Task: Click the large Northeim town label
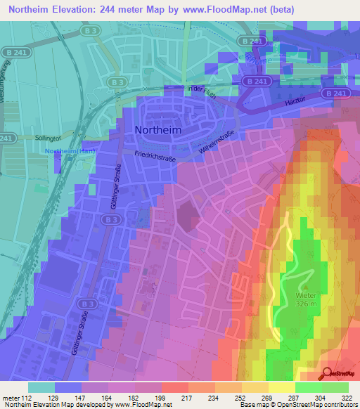point(157,130)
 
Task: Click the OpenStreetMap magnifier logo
point(328,372)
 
